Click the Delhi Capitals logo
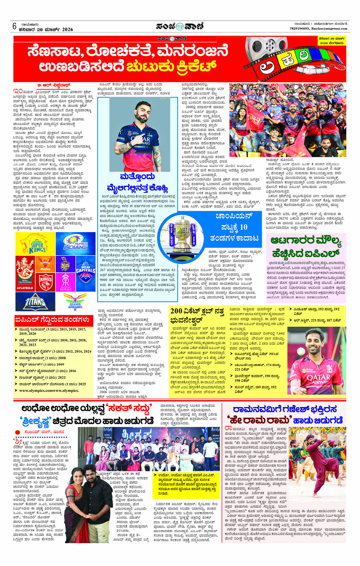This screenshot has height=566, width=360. pyautogui.click(x=85, y=272)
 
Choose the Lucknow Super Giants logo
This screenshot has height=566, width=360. pyautogui.click(x=75, y=303)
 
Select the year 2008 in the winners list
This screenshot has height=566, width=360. pyautogui.click(x=62, y=358)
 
